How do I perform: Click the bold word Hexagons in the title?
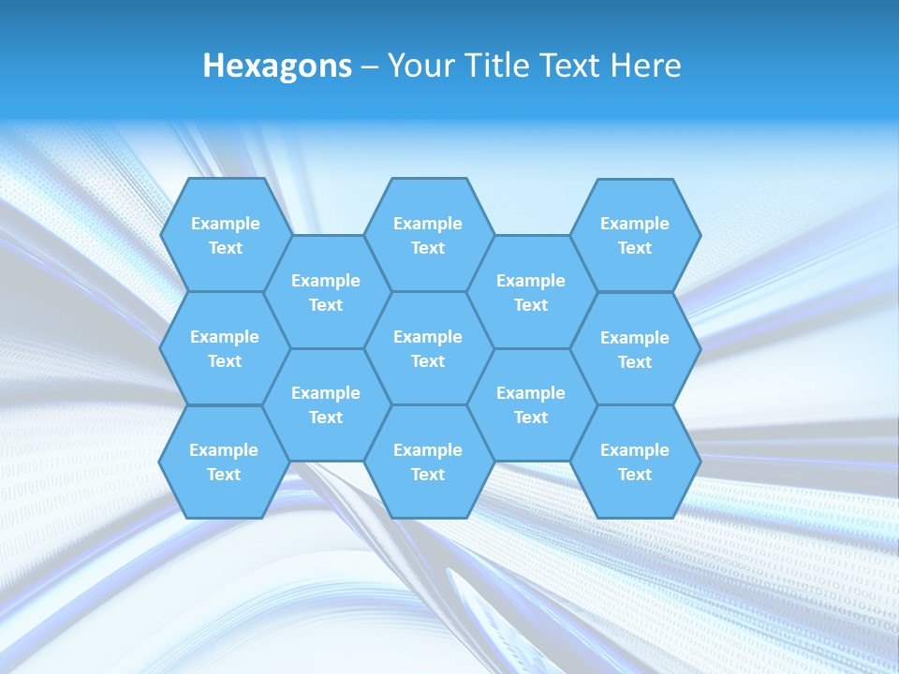pos(277,66)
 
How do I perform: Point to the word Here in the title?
pos(646,66)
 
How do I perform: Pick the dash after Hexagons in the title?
pos(369,66)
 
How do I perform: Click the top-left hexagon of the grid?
pos(225,235)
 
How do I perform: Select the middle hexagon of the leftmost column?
pos(225,348)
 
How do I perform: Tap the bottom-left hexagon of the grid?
pos(225,462)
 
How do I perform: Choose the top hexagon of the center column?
pos(428,235)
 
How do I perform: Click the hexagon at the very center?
pos(428,348)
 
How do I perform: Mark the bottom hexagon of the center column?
pos(428,462)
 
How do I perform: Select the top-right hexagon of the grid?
pos(635,235)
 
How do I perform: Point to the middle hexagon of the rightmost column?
pos(635,349)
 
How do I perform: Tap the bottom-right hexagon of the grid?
pos(635,462)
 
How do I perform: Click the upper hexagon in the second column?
pos(326,292)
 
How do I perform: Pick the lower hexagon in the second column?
pos(326,404)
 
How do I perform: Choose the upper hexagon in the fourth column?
pos(531,292)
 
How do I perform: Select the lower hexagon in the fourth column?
pos(531,404)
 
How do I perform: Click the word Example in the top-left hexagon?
pos(225,224)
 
